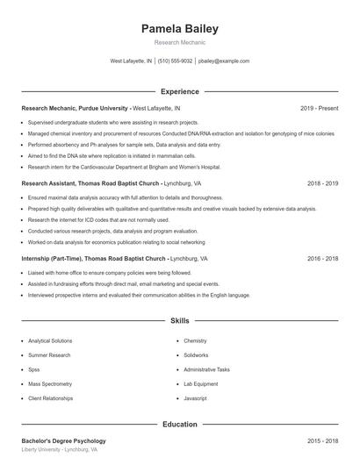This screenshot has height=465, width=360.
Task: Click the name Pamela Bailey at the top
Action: click(x=179, y=29)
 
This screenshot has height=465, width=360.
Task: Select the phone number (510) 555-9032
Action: click(x=175, y=61)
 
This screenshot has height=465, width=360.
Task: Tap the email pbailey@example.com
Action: click(x=224, y=61)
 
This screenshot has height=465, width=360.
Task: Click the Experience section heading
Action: click(x=179, y=91)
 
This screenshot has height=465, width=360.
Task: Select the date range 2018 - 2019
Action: click(x=322, y=184)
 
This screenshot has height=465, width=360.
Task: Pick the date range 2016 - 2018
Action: click(x=322, y=260)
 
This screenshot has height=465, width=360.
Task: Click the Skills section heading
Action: click(x=179, y=321)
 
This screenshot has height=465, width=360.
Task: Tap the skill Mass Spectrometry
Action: click(x=50, y=383)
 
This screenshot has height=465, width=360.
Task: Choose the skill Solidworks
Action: click(x=197, y=355)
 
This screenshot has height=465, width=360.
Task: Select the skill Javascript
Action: click(x=195, y=398)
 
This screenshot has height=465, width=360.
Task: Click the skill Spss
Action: click(x=34, y=369)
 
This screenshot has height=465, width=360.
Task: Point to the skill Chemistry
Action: click(x=195, y=340)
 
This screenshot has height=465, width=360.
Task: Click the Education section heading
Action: click(x=179, y=425)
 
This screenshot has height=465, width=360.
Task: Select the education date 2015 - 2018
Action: click(x=322, y=440)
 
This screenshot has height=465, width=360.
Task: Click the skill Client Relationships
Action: click(x=51, y=398)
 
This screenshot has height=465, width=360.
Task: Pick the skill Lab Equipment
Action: click(x=200, y=383)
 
